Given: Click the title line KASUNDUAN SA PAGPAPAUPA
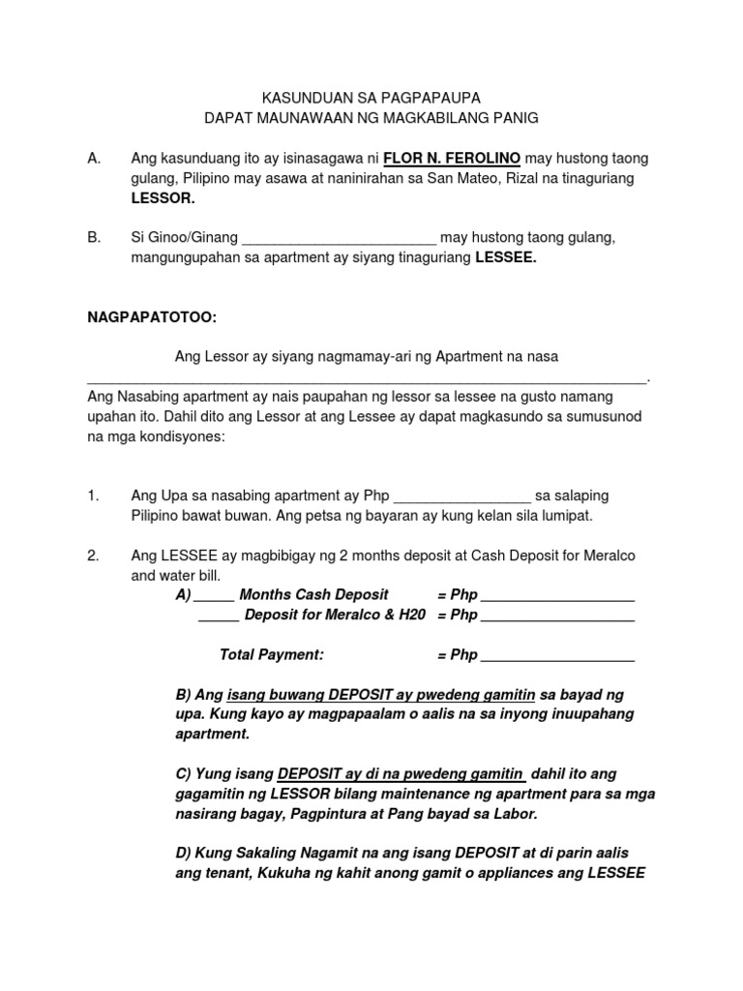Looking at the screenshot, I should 371,98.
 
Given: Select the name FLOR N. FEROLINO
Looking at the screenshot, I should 453,158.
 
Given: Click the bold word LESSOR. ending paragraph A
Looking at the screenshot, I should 163,198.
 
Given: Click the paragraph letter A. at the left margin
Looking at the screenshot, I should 94,158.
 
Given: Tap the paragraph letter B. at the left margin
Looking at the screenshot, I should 94,238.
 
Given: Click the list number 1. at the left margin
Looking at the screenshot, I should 93,495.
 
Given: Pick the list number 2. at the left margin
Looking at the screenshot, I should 93,556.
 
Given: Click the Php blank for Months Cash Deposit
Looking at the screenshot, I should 557,596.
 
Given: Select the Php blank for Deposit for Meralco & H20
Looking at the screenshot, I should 557,616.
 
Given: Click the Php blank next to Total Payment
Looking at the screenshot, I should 557,656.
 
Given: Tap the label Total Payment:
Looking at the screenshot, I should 271,655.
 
